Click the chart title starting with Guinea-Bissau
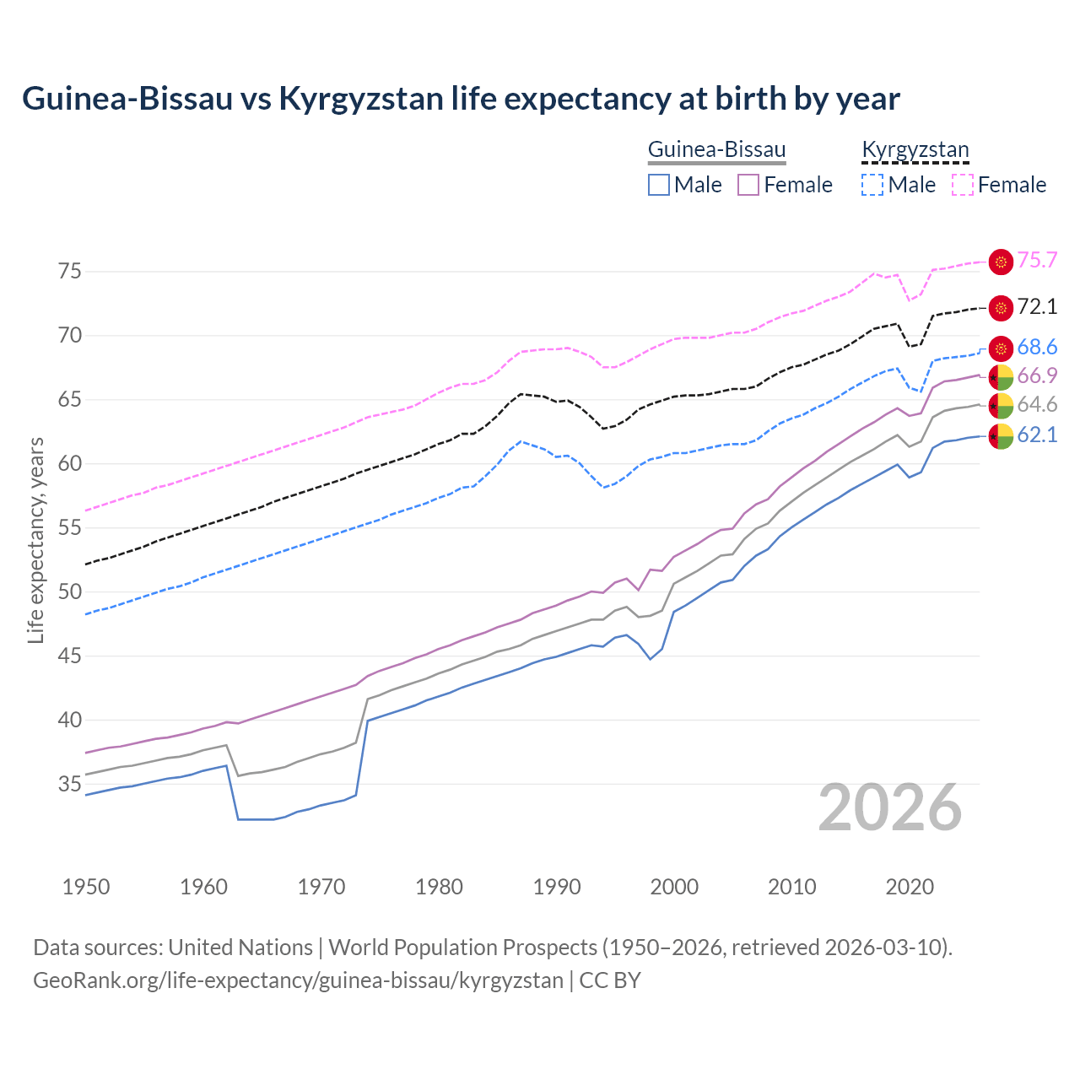(461, 99)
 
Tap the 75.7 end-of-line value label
(1037, 260)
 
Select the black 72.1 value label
(1037, 306)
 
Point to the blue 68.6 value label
(1037, 347)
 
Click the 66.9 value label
(1037, 375)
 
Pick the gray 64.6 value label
(1037, 404)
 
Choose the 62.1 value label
(1037, 435)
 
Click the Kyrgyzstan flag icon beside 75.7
(1001, 262)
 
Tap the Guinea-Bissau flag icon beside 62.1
(1001, 436)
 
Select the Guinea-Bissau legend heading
(716, 149)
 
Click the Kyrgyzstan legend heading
(915, 149)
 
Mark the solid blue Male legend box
(659, 185)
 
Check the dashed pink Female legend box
(962, 185)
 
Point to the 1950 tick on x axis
(86, 887)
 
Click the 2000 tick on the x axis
(674, 887)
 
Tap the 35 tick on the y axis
(69, 784)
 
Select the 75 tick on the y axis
(69, 271)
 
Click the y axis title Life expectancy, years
(35, 540)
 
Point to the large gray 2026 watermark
(890, 807)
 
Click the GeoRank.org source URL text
(298, 980)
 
